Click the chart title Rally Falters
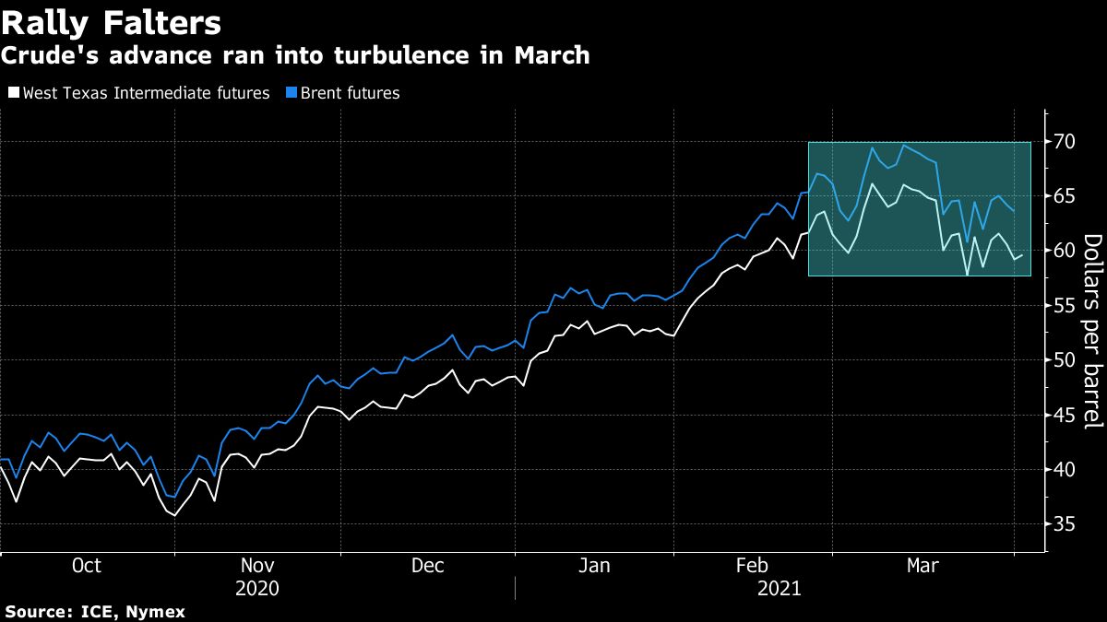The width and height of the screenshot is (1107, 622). (110, 22)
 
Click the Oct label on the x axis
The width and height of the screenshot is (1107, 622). (87, 566)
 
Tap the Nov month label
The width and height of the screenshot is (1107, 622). (257, 566)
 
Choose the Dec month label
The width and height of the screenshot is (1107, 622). (428, 566)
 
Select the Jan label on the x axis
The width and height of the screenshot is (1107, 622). (594, 566)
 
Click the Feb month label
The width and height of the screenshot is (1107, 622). (754, 566)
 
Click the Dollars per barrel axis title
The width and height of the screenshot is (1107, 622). (1092, 332)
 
